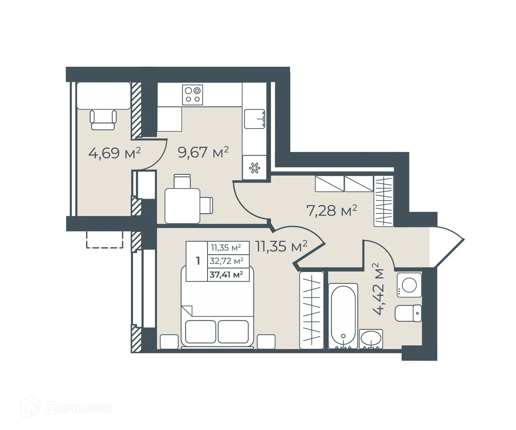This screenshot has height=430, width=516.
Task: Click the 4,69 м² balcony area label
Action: coord(114,153)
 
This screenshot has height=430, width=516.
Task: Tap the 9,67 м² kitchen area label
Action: coord(203,152)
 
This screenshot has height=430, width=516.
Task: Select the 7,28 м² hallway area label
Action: coord(332,210)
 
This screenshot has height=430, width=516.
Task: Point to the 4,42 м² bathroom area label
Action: coord(378,289)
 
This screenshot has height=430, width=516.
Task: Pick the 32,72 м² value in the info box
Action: coord(226,261)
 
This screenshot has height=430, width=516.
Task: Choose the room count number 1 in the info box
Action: coord(198,261)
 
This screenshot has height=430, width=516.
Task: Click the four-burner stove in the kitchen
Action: coord(193,95)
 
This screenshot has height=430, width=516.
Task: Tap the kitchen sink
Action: coord(254,119)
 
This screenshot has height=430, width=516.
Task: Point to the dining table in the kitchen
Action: coord(182,206)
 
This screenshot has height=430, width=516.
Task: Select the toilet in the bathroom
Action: coord(408,313)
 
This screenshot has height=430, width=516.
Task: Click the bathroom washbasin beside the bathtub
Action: coord(371,338)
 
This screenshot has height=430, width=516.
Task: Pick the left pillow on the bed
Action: coord(200,332)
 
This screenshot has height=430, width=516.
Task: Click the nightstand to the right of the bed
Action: coord(266,342)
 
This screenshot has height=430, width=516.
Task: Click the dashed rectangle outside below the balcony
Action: coord(105,240)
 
